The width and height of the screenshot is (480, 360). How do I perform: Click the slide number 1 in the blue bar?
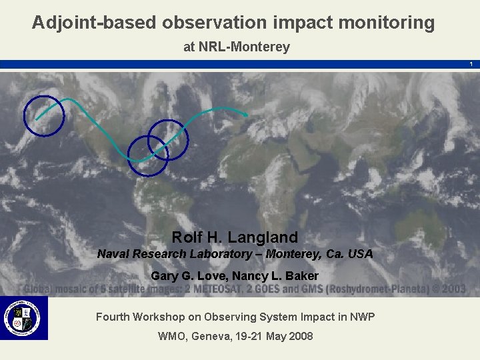[x=471, y=64]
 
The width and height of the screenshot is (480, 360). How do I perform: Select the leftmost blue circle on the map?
[x=44, y=116]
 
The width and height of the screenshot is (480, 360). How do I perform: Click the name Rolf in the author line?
[x=186, y=237]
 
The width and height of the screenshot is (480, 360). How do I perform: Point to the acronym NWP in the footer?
[x=363, y=317]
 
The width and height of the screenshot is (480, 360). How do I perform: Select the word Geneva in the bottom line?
[x=209, y=336]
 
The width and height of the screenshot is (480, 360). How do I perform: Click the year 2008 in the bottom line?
[x=300, y=336]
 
